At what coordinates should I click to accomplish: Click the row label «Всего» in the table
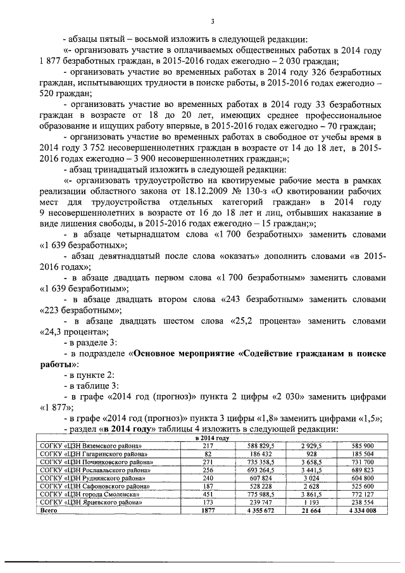click(49, 509)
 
